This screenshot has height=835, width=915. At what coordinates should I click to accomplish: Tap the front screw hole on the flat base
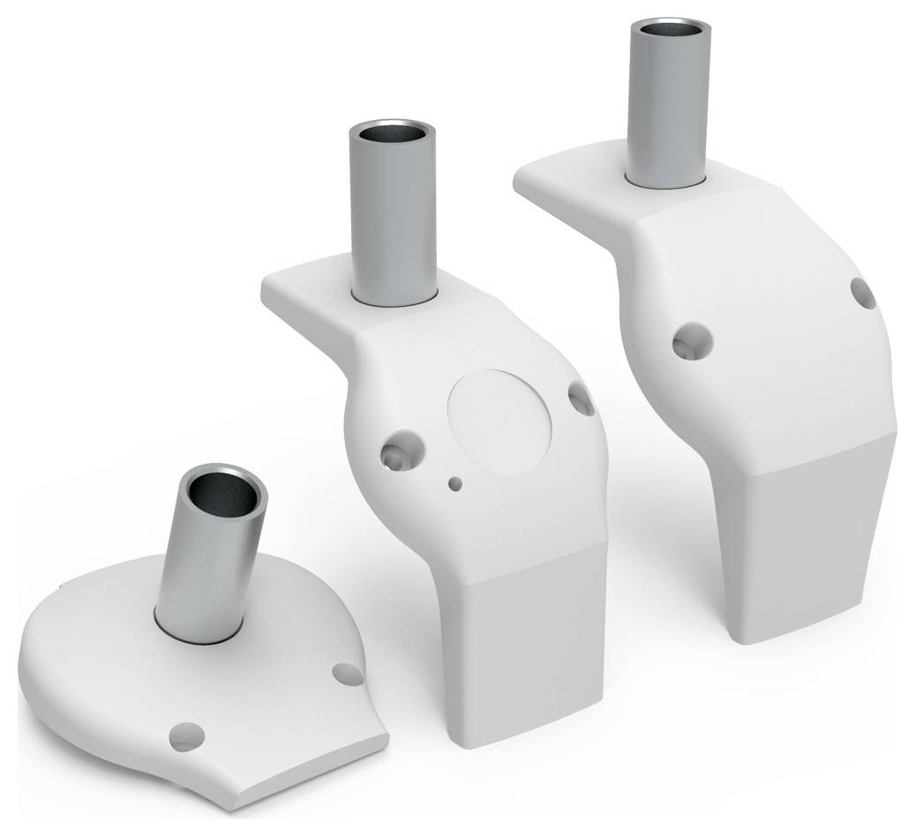click(x=187, y=734)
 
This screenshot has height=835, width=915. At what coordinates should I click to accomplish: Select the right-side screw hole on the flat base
click(x=347, y=674)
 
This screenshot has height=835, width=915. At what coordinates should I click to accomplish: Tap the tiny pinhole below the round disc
click(x=455, y=482)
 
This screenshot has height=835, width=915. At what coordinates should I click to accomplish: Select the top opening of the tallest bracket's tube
click(x=668, y=31)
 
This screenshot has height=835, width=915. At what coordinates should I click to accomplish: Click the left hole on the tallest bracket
click(x=691, y=340)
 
